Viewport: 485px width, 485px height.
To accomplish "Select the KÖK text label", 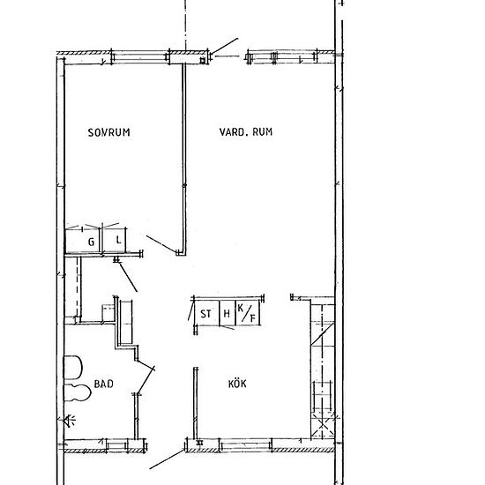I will [x=237, y=385].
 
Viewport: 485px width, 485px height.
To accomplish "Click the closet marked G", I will [x=89, y=240].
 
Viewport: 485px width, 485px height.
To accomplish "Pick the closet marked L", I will [x=116, y=240].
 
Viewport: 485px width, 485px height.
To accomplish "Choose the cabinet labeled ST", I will [x=205, y=313].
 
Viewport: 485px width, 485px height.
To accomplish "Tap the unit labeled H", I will [x=228, y=313].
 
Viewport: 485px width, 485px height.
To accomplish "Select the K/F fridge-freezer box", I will [x=250, y=313].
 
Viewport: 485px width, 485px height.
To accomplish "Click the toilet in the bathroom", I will [x=73, y=370].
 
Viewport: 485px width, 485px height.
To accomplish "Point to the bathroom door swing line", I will [x=145, y=379].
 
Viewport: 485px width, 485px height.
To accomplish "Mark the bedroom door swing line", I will [x=160, y=242].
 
